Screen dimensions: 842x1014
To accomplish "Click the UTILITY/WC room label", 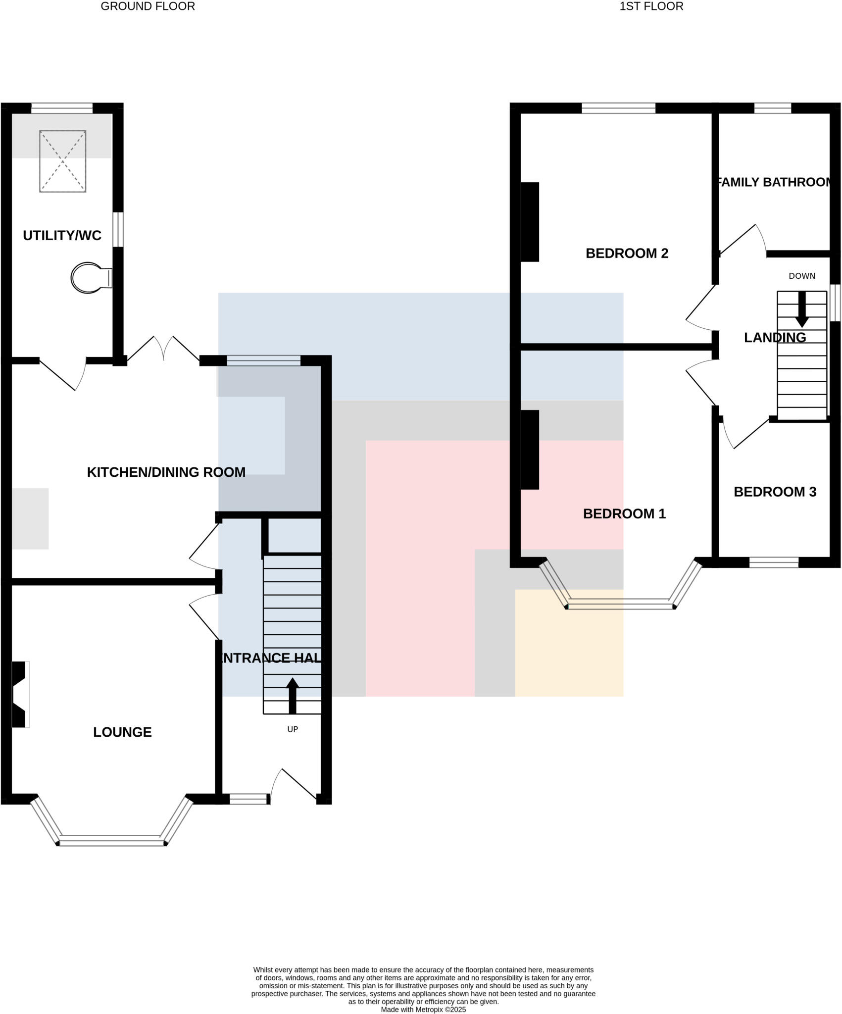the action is pos(62,235).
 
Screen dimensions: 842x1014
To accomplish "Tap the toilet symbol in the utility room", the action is pos(91,278).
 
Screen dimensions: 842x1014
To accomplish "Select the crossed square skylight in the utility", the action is pos(63,161).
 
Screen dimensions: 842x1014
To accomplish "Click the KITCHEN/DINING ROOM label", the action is pos(166,472).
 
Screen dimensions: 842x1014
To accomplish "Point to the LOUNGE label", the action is pos(122,732).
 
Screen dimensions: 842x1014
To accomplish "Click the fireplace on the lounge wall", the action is pos(19,694).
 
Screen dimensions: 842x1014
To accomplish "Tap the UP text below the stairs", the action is pos(293,729).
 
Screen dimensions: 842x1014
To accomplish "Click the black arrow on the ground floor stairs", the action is pos(293,696).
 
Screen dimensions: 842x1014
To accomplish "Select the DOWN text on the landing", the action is pos(802,276).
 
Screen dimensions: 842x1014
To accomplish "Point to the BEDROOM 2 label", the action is pos(627,253).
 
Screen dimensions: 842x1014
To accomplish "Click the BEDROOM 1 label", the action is pos(624,513).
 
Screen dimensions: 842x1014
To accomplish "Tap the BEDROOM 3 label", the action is pos(775,492).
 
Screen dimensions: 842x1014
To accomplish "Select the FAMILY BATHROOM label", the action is pos(774,182).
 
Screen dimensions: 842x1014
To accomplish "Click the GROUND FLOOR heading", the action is pos(148,6).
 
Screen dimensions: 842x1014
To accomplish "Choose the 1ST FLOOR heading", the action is pos(651,6).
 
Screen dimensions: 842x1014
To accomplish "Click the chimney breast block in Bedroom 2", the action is pos(530,222).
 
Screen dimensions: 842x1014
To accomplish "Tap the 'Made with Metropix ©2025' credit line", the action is pos(423,1010).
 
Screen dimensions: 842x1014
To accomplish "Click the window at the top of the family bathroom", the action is pos(772,108).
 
